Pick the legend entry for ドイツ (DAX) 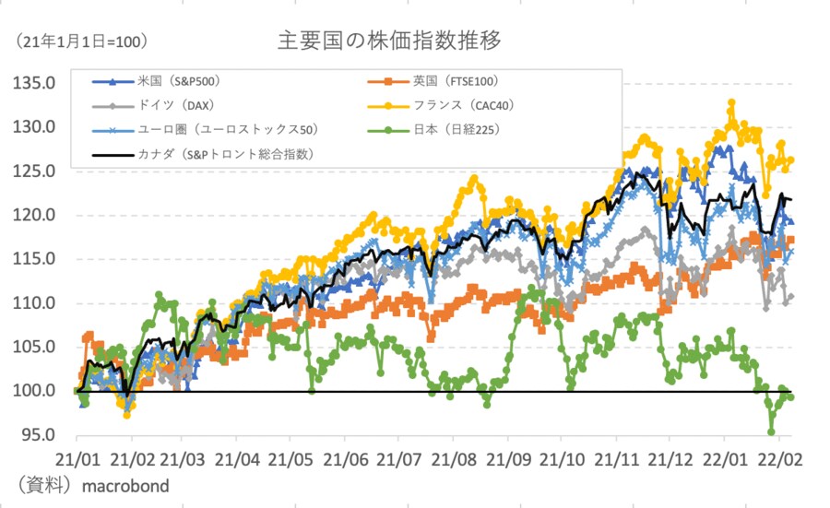[x=175, y=105]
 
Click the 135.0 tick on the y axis [x=38, y=84]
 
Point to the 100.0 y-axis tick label [x=38, y=391]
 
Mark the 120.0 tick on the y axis [x=38, y=216]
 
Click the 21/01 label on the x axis [x=76, y=458]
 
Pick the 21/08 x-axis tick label [x=454, y=458]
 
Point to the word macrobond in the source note [x=125, y=485]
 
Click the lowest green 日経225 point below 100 [x=771, y=431]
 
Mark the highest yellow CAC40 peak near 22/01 [x=731, y=102]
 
